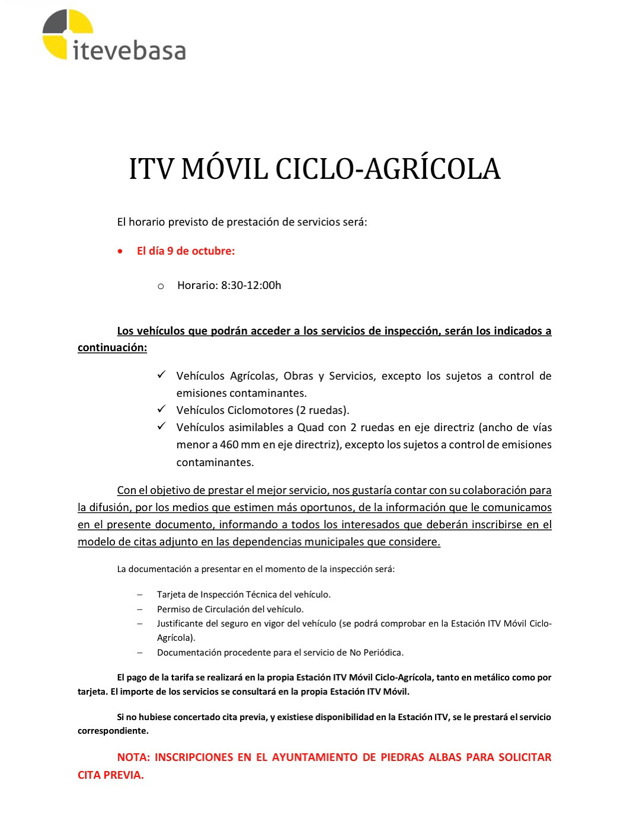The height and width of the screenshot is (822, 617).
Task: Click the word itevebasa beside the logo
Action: tap(129, 50)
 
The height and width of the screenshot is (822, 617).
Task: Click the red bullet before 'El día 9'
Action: tap(121, 251)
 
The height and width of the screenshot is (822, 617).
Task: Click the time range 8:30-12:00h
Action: tap(251, 285)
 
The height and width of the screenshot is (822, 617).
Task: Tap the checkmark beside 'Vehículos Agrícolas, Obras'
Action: tap(161, 375)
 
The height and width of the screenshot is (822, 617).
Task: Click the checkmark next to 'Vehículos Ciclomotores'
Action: tap(161, 409)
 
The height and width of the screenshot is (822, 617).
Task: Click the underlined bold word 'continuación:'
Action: tap(112, 348)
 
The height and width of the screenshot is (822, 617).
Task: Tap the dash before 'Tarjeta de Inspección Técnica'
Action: tap(140, 595)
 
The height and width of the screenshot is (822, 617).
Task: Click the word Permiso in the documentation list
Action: tap(174, 609)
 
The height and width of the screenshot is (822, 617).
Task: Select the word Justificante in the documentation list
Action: tap(180, 624)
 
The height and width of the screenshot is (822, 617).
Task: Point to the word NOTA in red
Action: tap(133, 757)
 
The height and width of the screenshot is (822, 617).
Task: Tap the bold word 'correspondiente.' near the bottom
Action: tap(113, 731)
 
